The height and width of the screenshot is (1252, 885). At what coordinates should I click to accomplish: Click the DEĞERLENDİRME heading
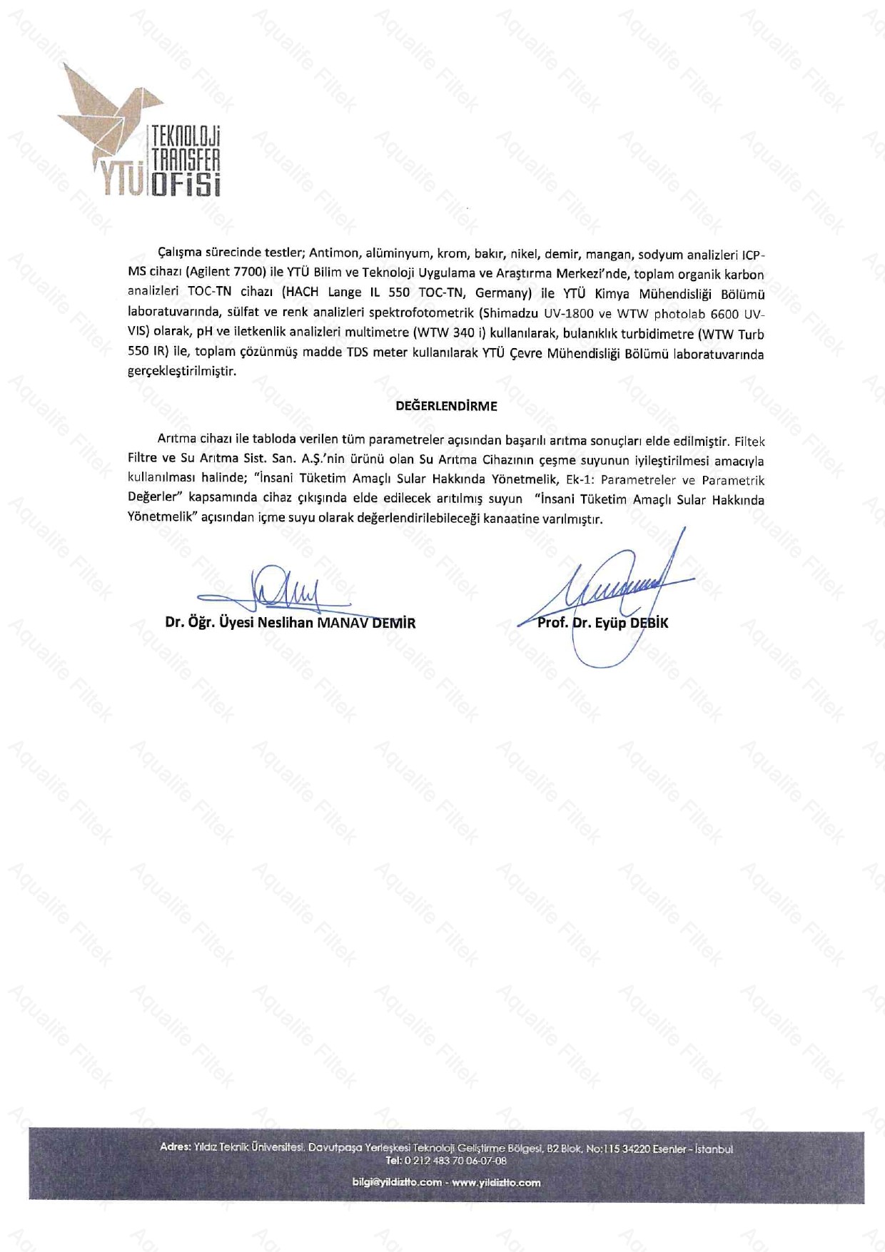pyautogui.click(x=447, y=406)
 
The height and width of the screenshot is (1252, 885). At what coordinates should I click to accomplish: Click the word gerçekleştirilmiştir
pyautogui.click(x=181, y=372)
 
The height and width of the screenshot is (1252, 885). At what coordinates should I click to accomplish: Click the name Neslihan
pyautogui.click(x=285, y=622)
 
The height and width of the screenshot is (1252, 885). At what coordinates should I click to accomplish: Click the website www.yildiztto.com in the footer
pyautogui.click(x=496, y=1182)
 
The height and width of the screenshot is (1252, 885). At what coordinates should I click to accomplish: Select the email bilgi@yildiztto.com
pyautogui.click(x=397, y=1182)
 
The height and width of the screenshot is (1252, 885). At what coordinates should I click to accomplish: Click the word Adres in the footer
pyautogui.click(x=175, y=1148)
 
